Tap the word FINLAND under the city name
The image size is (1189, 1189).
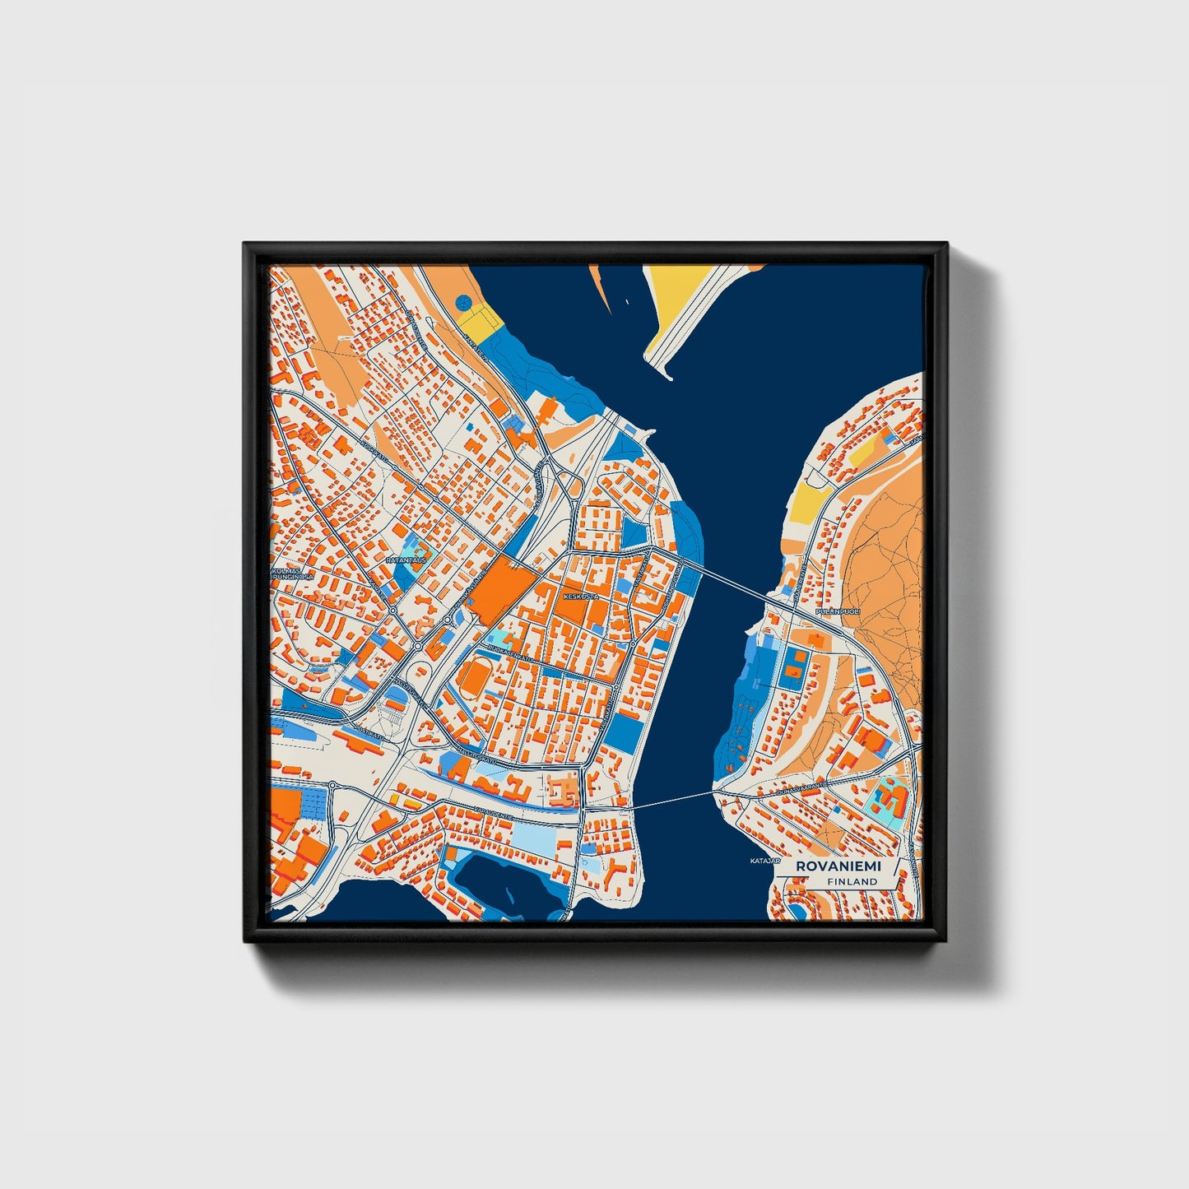(x=852, y=881)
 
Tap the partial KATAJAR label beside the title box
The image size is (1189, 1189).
(x=764, y=862)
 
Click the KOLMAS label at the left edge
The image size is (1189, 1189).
(x=286, y=569)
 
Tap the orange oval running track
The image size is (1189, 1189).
(x=476, y=679)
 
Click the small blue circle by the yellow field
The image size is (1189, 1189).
(x=465, y=302)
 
